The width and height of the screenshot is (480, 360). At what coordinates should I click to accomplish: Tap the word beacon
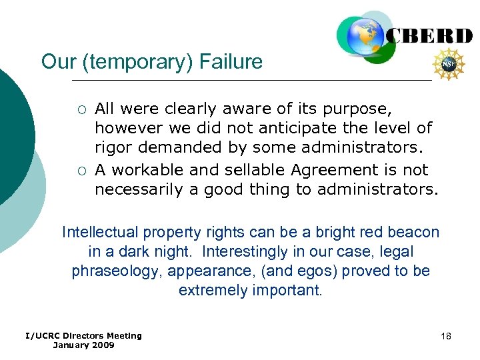(412, 233)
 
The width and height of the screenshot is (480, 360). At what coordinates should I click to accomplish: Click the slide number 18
(446, 336)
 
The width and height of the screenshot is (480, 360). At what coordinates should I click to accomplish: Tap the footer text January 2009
(83, 345)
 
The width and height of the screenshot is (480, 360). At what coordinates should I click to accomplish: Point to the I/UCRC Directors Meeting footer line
(83, 335)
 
